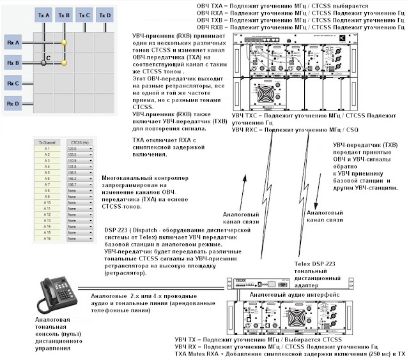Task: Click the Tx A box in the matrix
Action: click(x=43, y=14)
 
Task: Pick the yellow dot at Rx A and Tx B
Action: click(x=64, y=43)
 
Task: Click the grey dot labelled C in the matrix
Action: click(x=43, y=63)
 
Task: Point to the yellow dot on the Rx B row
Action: click(x=64, y=63)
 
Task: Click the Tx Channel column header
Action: click(x=49, y=142)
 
